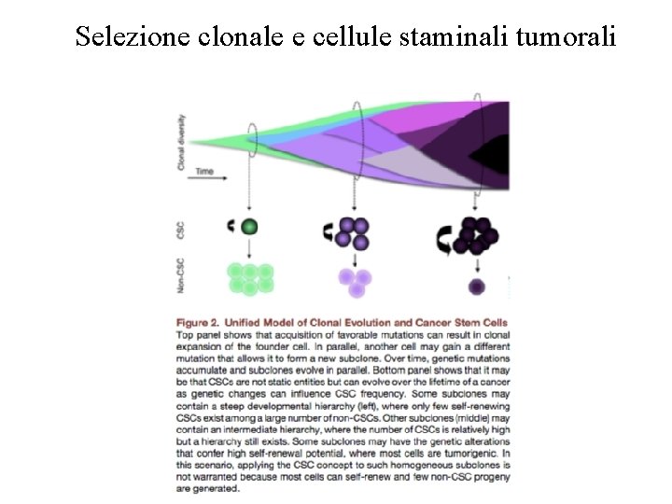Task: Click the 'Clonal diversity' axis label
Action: click(x=180, y=141)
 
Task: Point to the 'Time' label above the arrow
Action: click(x=204, y=172)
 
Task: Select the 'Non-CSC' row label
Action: click(x=180, y=276)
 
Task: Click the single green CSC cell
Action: click(x=249, y=226)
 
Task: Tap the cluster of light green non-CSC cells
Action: click(x=250, y=277)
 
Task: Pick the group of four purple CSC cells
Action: click(x=354, y=232)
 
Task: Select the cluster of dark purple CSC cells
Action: click(x=476, y=234)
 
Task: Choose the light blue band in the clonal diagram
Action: click(x=308, y=140)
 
